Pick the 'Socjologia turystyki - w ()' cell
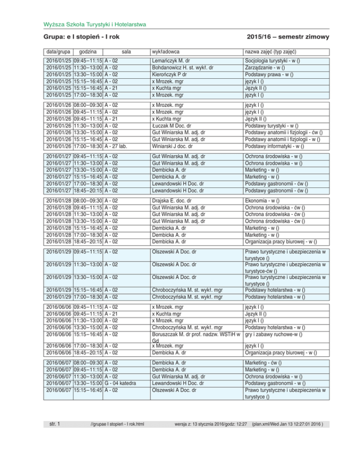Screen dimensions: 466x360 click(x=276, y=61)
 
